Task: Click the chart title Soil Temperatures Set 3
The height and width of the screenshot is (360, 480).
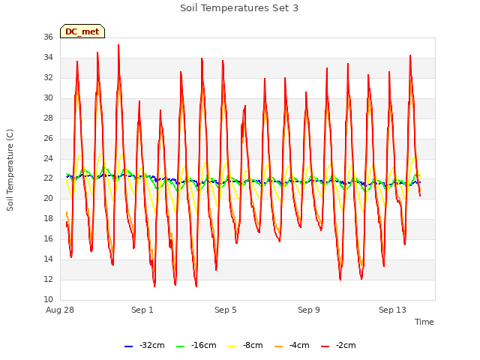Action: (x=239, y=8)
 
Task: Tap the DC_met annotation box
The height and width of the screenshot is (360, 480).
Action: (x=82, y=31)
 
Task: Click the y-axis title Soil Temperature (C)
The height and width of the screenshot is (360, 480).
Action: (x=10, y=170)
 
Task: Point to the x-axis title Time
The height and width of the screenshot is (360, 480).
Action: (x=424, y=322)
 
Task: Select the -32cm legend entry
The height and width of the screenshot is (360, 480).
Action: (x=145, y=346)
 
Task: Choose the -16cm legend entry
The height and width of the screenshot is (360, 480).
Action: (x=196, y=346)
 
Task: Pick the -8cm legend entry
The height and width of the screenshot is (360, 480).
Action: (x=245, y=346)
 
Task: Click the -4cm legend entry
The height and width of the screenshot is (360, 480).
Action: (x=292, y=346)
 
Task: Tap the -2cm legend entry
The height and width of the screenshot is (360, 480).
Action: (x=338, y=346)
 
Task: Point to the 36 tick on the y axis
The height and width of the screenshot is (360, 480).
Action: (x=48, y=37)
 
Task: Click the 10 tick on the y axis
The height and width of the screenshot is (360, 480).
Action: (x=48, y=300)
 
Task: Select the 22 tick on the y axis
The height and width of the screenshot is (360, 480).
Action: (x=48, y=178)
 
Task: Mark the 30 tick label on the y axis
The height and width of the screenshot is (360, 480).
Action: (x=48, y=98)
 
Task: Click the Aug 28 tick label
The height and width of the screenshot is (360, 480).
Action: (x=60, y=310)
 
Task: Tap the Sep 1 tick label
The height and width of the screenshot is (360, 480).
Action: (x=142, y=310)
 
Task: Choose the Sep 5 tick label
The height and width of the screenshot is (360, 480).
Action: (x=226, y=310)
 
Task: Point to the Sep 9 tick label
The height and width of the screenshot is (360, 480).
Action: (x=309, y=310)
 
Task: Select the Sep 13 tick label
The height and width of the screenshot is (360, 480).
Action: (x=392, y=310)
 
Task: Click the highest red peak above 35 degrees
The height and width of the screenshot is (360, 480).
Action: (x=118, y=45)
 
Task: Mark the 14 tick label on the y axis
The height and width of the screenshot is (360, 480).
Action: (x=48, y=259)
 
